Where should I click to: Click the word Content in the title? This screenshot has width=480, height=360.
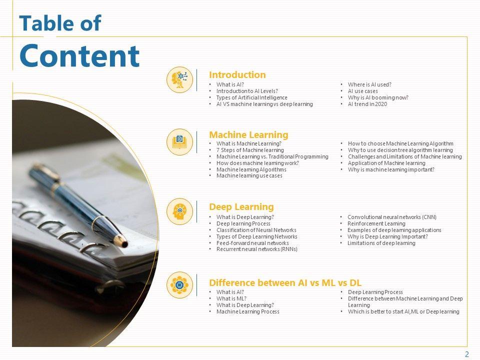click(79, 55)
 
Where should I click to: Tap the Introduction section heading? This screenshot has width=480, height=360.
click(237, 74)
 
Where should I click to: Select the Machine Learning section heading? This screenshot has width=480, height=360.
click(248, 134)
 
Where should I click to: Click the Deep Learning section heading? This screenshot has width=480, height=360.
click(241, 207)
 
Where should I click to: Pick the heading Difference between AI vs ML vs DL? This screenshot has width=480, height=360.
click(285, 282)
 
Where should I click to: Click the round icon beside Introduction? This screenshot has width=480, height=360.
click(179, 79)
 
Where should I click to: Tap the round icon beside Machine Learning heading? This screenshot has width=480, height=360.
click(179, 141)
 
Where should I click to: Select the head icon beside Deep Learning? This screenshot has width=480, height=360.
click(179, 211)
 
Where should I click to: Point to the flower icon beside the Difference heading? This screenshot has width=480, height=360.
click(179, 284)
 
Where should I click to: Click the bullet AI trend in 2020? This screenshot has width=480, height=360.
click(367, 104)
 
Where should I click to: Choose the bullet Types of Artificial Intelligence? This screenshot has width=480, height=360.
click(251, 97)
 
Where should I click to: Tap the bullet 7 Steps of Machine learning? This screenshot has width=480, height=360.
click(250, 150)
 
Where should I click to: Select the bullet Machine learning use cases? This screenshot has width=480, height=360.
click(249, 175)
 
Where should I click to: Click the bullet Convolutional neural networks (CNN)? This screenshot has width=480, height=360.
click(392, 217)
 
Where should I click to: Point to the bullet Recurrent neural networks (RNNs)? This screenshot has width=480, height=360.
click(257, 249)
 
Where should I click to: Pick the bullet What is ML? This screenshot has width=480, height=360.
click(231, 298)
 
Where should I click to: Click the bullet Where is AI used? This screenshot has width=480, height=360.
click(369, 84)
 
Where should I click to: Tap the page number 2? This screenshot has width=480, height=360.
click(467, 354)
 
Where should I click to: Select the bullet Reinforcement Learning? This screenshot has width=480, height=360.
click(376, 223)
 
